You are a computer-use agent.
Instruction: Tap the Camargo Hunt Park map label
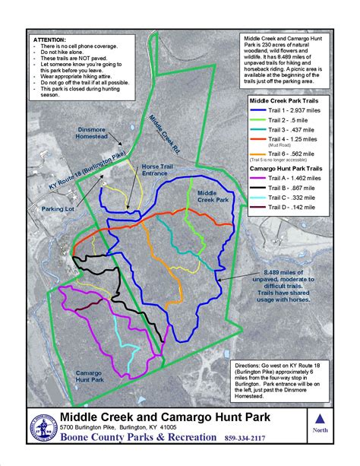95,378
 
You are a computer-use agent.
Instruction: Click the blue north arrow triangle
320,418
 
